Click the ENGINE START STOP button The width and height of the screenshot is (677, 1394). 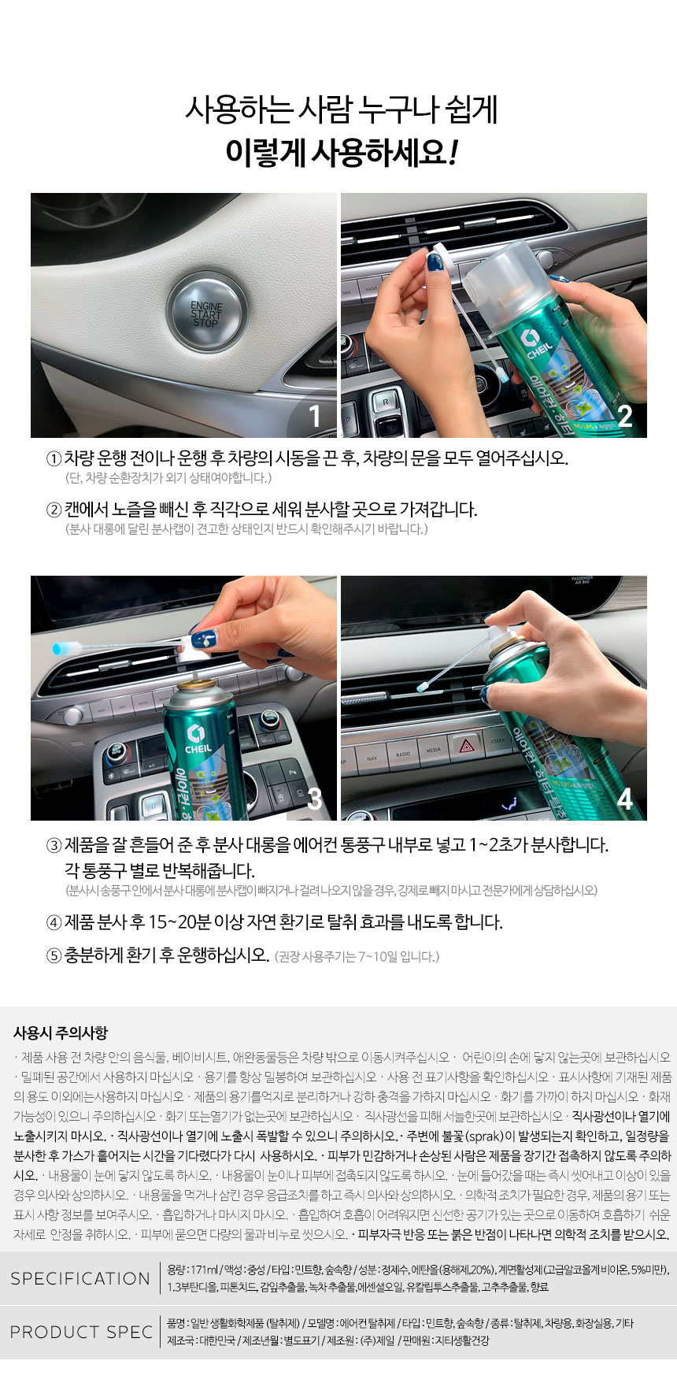[x=205, y=313]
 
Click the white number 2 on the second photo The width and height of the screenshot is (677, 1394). [x=625, y=416]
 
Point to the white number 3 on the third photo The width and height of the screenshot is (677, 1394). [x=315, y=799]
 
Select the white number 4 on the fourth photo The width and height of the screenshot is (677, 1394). [x=625, y=799]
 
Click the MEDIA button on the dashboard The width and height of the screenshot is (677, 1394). [x=434, y=751]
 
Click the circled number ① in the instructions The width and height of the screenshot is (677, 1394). [x=54, y=458]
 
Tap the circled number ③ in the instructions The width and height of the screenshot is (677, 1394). [x=54, y=846]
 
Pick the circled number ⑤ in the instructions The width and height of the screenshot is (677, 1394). [x=54, y=955]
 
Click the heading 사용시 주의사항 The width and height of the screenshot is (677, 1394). [x=61, y=1033]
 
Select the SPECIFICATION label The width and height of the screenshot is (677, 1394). [x=80, y=1278]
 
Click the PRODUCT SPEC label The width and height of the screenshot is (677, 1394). [x=81, y=1332]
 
